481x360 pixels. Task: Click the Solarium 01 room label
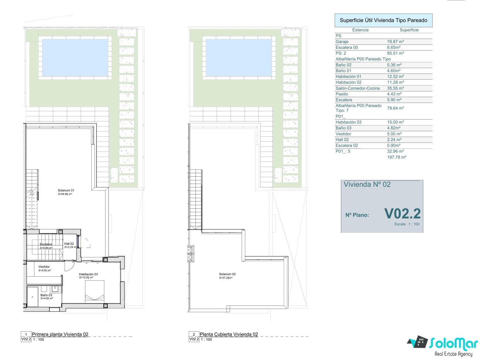pos(66,190)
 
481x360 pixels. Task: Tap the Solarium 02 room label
pos(227,274)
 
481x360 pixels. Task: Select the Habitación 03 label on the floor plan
pos(88,274)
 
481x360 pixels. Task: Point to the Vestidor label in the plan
pos(44,267)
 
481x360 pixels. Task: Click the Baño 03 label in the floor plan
pos(46,295)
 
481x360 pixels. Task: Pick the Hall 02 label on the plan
pos(69,244)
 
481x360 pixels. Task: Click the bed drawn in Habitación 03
pos(94,291)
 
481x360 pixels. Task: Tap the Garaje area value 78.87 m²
pos(395,41)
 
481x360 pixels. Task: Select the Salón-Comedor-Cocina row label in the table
pos(357,88)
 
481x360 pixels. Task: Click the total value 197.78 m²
pos(397,157)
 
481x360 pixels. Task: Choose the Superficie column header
pos(409,30)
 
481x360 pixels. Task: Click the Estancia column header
pos(360,30)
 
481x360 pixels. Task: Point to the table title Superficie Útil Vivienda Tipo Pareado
pos(383,20)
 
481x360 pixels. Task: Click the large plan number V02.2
pos(402,214)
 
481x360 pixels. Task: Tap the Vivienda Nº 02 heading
pos(367,184)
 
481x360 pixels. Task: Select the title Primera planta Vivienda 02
pos(60,334)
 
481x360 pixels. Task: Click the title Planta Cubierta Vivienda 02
pos(229,334)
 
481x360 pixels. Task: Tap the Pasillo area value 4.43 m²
pos(394,94)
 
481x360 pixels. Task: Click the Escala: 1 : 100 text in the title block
pos(407,224)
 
